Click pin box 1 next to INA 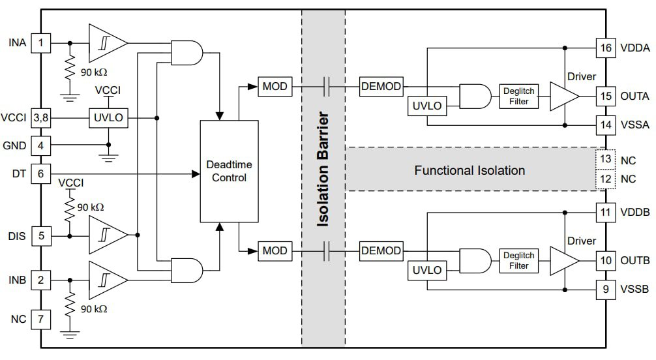(x=41, y=44)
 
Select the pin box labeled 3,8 (x=41, y=118)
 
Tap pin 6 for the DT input (x=41, y=174)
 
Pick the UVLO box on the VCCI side (x=108, y=118)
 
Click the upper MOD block (x=275, y=85)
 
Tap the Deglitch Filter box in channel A (x=519, y=96)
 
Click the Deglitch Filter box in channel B (x=519, y=261)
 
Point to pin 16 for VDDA (x=606, y=47)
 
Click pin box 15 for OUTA (x=606, y=96)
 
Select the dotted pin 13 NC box (x=606, y=160)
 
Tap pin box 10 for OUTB (x=606, y=261)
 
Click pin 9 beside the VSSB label (x=606, y=288)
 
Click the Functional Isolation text (x=470, y=171)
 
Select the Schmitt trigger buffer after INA (x=106, y=44)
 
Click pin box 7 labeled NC (x=41, y=320)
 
